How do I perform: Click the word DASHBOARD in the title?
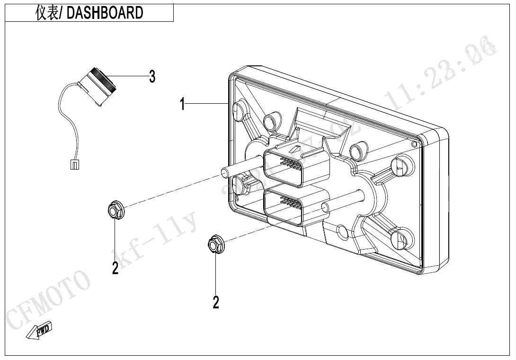(105, 13)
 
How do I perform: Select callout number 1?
(183, 104)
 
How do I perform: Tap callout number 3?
(152, 76)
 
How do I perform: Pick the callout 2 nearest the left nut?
(115, 268)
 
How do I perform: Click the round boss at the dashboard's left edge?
(240, 184)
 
